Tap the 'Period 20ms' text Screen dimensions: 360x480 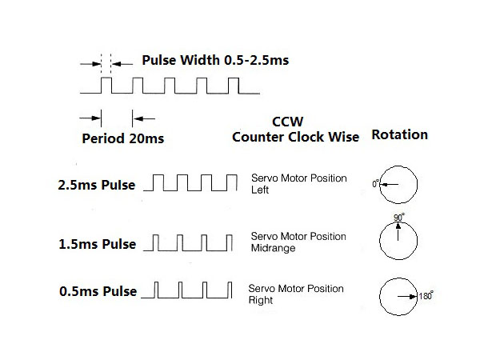[123, 138]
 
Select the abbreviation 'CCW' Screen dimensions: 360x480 [288, 121]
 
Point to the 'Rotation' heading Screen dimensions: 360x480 [399, 134]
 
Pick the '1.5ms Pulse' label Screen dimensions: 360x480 [96, 242]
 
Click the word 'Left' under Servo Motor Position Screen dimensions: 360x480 [261, 190]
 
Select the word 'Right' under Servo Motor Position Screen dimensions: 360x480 [261, 301]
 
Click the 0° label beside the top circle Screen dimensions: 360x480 [375, 183]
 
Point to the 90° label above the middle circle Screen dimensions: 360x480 [398, 217]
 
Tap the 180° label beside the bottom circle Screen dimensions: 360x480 [426, 295]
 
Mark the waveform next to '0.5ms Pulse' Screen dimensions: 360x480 [190, 289]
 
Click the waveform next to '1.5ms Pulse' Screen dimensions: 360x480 [190, 241]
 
